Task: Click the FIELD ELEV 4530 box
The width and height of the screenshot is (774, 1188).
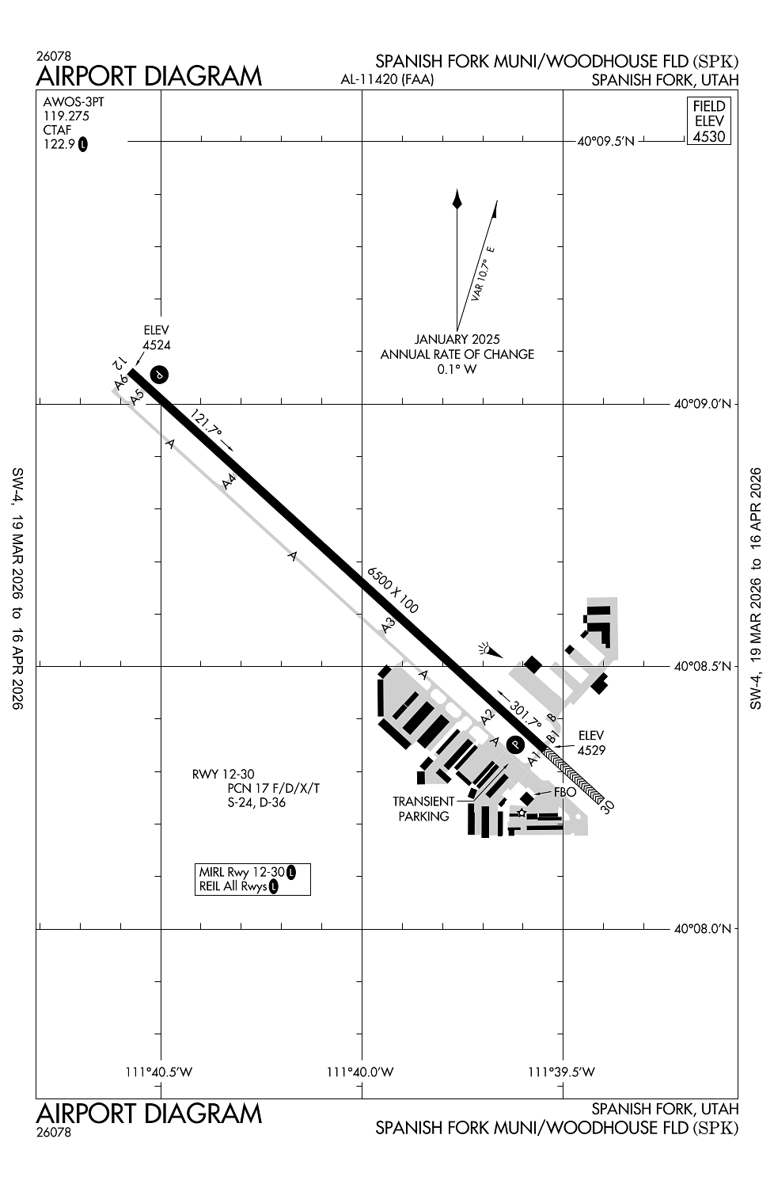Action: click(x=708, y=121)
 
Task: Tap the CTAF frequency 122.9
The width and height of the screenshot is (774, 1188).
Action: click(x=59, y=144)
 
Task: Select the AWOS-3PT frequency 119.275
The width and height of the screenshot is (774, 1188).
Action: click(x=66, y=116)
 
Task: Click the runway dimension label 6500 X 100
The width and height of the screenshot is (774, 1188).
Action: click(x=393, y=590)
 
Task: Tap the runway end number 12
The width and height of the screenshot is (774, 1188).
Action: click(x=118, y=364)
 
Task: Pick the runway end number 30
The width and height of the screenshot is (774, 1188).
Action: click(x=608, y=806)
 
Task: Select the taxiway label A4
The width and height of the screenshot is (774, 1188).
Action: click(x=230, y=481)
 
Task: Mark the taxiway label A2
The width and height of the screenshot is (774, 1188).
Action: click(x=488, y=716)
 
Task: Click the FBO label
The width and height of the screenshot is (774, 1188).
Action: click(x=564, y=791)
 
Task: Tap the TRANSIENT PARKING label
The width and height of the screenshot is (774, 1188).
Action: click(x=423, y=809)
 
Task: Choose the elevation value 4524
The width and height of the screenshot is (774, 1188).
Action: click(x=157, y=345)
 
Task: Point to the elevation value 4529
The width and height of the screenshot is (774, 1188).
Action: click(x=591, y=750)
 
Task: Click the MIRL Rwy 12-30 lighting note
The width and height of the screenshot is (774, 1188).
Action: click(x=241, y=872)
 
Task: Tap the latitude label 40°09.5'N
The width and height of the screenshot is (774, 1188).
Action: click(x=606, y=142)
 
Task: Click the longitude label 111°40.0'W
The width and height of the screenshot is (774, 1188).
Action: click(x=360, y=1072)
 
